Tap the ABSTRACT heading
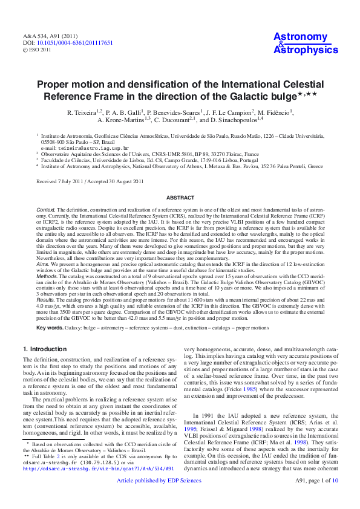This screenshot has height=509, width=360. (180, 198)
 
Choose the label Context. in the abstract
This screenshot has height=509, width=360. (46, 209)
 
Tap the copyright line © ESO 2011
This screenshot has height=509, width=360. (38, 50)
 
